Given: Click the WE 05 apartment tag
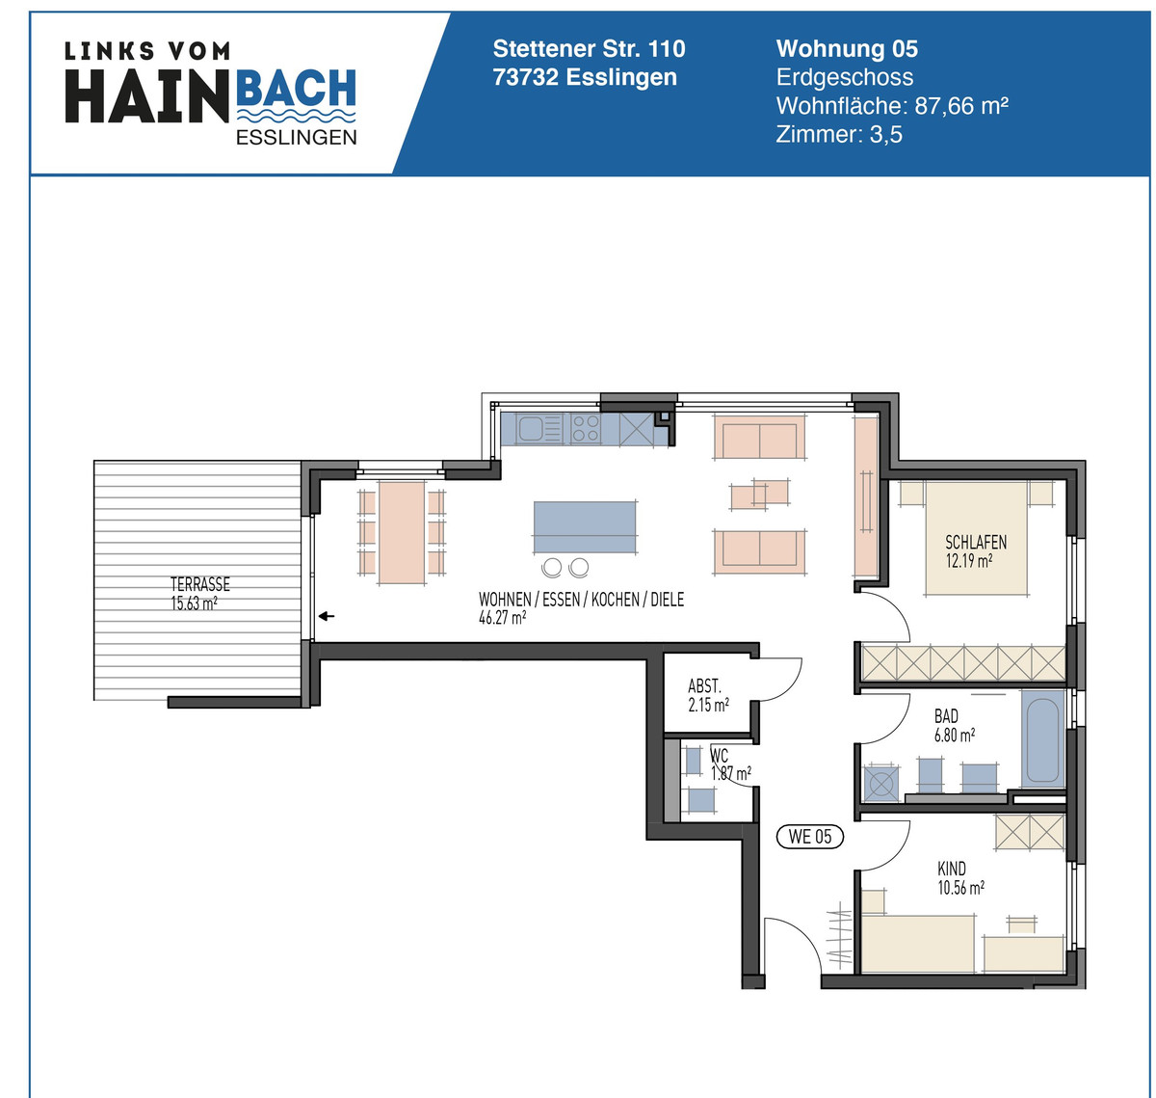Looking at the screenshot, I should (x=809, y=837).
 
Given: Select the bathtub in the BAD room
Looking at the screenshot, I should (x=1042, y=736).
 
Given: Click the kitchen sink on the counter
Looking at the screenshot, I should (x=532, y=428).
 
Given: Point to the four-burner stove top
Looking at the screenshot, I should (x=585, y=428).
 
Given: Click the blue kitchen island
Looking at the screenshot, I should (x=585, y=527).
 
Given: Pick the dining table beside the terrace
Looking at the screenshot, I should (x=402, y=532).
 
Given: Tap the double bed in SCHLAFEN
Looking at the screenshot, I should (x=976, y=540).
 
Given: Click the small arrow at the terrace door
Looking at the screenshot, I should (x=327, y=616).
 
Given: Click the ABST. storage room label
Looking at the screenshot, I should (x=704, y=686).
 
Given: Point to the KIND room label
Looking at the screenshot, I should (x=952, y=870).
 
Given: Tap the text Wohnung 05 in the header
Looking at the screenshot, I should (x=847, y=49).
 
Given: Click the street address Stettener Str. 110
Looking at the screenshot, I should (x=589, y=49).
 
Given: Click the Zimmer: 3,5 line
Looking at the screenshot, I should (x=839, y=134).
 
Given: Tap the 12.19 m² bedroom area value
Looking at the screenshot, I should (x=969, y=561).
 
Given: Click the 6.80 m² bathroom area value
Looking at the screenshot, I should (x=954, y=735).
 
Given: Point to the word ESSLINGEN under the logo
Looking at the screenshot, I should (x=296, y=137).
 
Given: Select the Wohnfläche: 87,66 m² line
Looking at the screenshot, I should (x=892, y=106).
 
